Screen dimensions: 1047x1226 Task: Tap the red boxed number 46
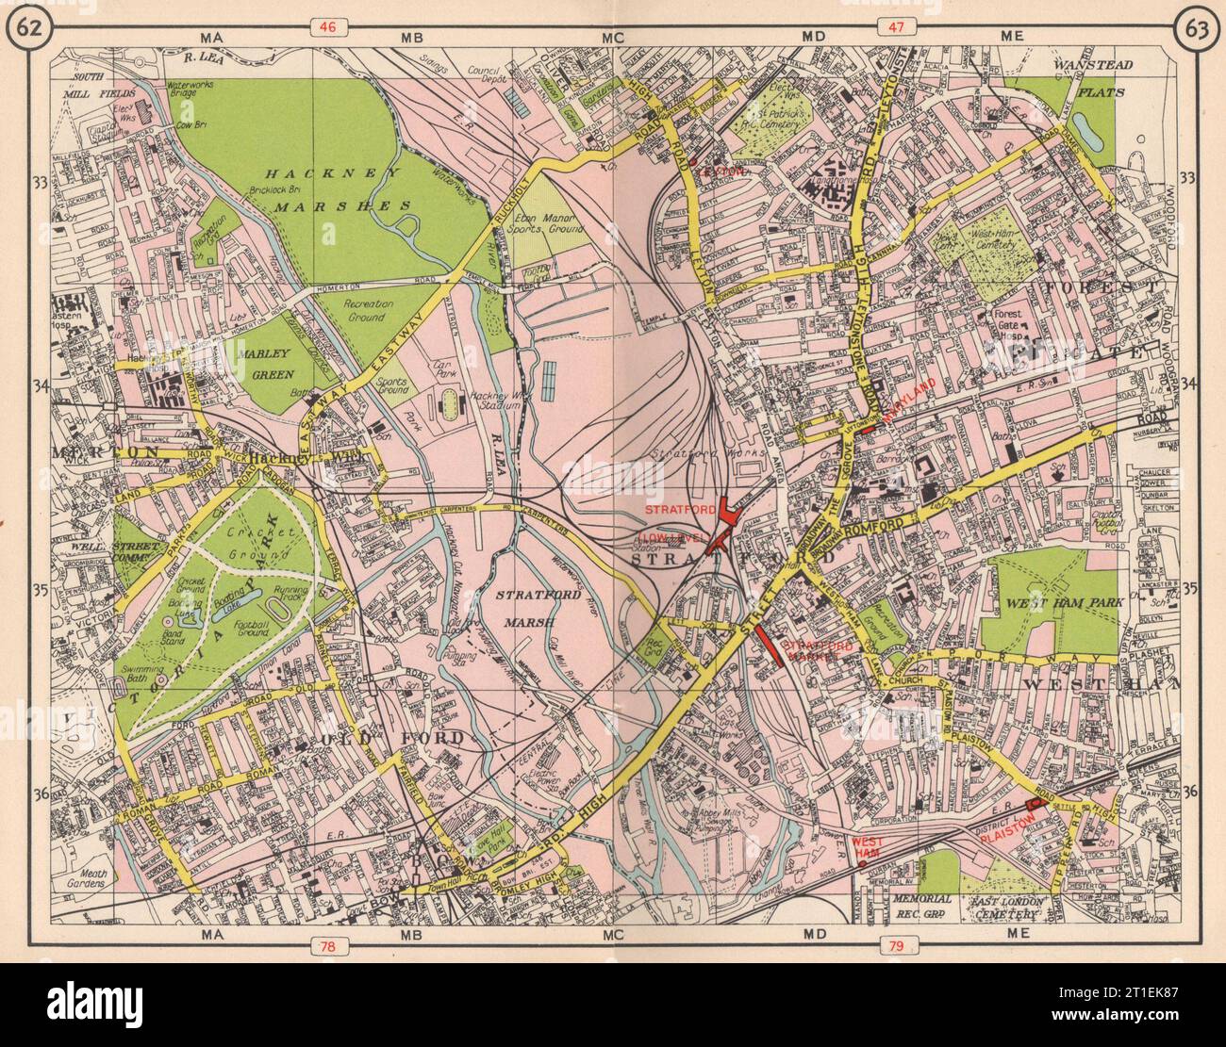[327, 28]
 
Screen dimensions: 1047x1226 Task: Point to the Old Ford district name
[392, 736]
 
